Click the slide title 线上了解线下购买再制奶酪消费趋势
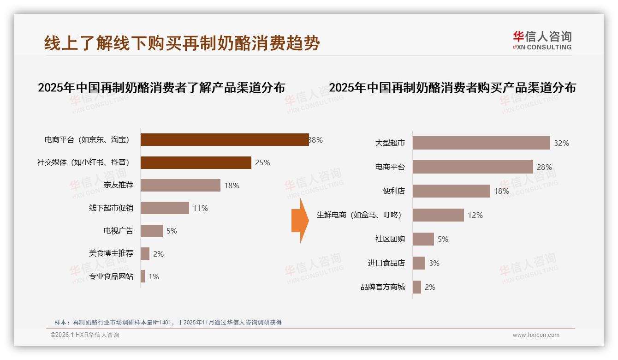click(x=182, y=43)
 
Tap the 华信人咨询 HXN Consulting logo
click(x=542, y=41)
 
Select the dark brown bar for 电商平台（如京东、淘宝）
click(x=225, y=140)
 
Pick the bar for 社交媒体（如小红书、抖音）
click(x=196, y=162)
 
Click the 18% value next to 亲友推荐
click(x=232, y=186)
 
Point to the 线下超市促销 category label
click(x=111, y=208)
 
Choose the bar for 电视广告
click(x=152, y=231)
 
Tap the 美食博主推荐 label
click(x=111, y=253)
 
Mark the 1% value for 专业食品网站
click(x=154, y=276)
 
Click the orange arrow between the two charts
click(x=300, y=221)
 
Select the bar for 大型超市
click(x=481, y=143)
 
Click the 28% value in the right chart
click(x=544, y=167)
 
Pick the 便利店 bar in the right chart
click(x=451, y=191)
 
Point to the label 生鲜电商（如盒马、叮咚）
click(x=359, y=215)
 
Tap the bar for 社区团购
click(x=423, y=239)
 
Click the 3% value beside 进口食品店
click(x=434, y=263)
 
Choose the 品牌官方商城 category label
click(x=383, y=287)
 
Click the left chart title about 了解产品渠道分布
click(x=161, y=88)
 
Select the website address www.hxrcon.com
click(x=536, y=335)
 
